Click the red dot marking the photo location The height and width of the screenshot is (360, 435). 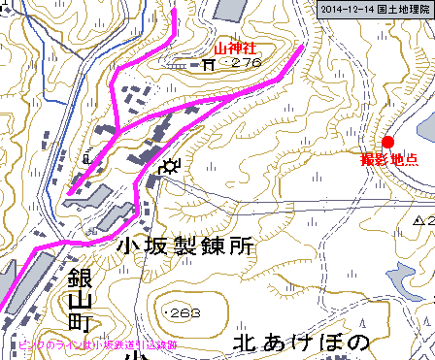click(x=388, y=141)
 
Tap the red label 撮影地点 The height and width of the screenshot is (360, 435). click(x=389, y=159)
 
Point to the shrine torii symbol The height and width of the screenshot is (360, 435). click(x=209, y=65)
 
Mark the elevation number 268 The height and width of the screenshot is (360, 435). click(x=182, y=313)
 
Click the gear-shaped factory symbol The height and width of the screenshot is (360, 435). click(x=171, y=166)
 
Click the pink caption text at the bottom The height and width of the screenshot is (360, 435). click(x=83, y=344)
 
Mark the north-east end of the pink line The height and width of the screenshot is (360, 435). click(x=303, y=46)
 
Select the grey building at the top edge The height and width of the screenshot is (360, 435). click(x=229, y=10)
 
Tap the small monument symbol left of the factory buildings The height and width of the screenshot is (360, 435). click(x=88, y=155)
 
